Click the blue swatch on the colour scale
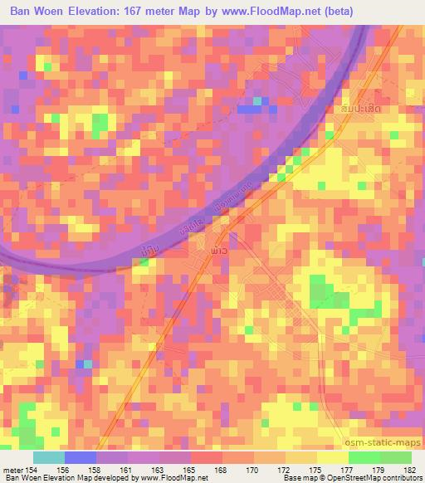81,457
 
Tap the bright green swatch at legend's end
395,457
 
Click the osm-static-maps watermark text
383,441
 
